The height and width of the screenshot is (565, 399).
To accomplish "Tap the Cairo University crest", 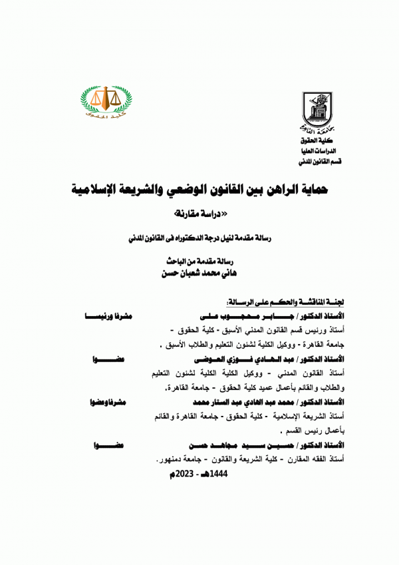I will [313, 108].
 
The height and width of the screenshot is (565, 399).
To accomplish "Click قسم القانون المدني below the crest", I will [313, 162].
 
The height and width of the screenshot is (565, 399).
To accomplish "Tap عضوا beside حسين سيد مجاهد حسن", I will [110, 445].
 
